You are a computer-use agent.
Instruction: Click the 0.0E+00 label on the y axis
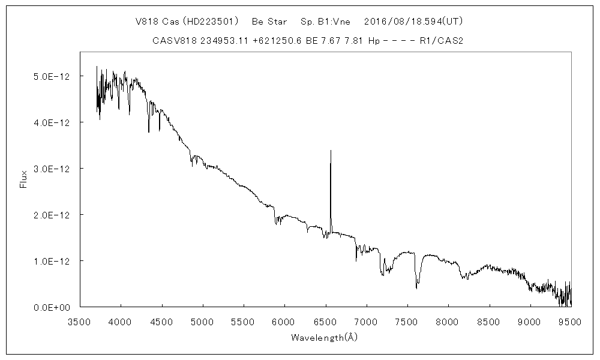pyautogui.click(x=53, y=307)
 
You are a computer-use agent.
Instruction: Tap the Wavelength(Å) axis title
pyautogui.click(x=324, y=337)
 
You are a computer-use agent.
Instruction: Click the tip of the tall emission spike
pyautogui.click(x=331, y=151)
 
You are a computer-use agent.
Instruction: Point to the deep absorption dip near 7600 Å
pyautogui.click(x=416, y=287)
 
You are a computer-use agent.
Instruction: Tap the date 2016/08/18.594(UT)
pyautogui.click(x=413, y=22)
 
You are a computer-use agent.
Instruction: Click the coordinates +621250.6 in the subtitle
pyautogui.click(x=271, y=41)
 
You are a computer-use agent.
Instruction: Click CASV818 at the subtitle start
pyautogui.click(x=172, y=41)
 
